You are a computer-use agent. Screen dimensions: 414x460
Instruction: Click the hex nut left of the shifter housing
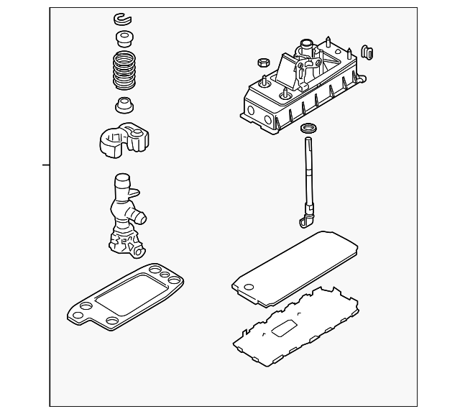coord(262,63)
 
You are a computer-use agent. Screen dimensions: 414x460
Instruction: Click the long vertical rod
coord(310,180)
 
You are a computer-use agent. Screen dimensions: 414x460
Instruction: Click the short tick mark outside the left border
coord(47,165)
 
